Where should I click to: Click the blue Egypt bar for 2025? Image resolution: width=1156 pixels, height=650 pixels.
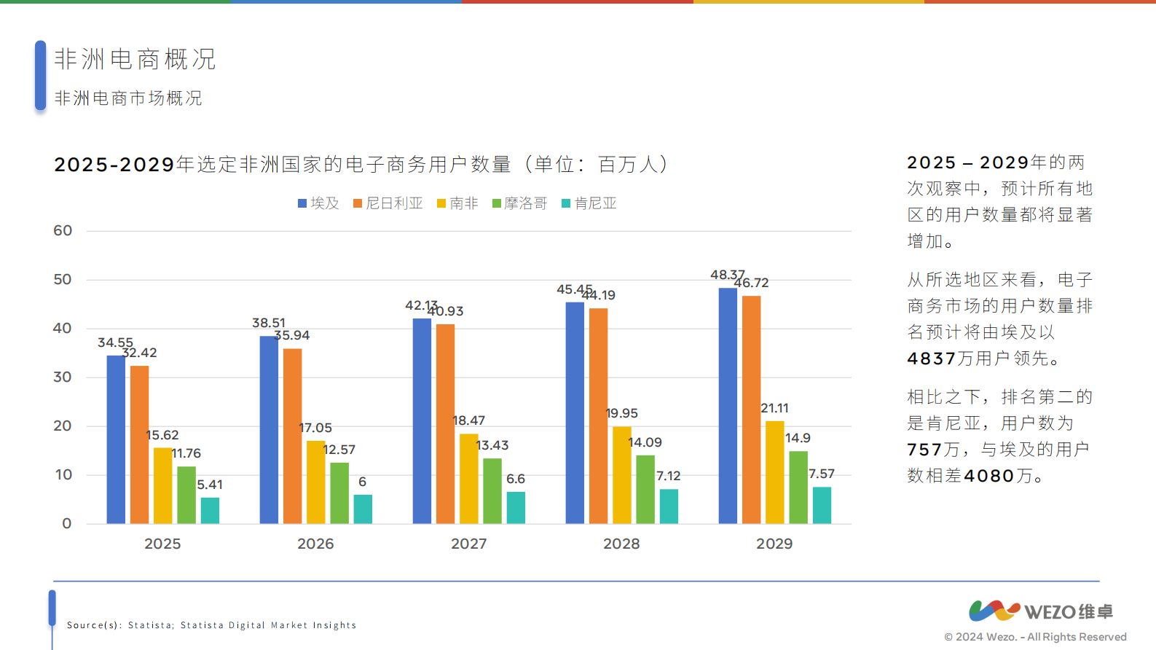pos(116,439)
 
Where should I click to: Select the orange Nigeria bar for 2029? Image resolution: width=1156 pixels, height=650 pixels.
pos(751,410)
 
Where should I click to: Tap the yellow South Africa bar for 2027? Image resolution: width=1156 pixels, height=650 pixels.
pos(468,479)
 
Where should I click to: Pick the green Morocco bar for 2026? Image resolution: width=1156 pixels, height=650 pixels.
pos(339,493)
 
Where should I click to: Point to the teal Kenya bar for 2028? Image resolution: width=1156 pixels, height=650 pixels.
pos(669,506)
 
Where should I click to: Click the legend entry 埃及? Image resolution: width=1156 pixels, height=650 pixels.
pos(318,203)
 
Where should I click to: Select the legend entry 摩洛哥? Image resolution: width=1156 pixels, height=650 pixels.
pos(519,203)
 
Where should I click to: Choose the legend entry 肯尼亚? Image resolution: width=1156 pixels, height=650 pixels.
pos(589,203)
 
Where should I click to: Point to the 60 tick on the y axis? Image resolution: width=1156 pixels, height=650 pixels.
pos(63,231)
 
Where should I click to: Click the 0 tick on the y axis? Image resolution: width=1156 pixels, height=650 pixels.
pos(67,523)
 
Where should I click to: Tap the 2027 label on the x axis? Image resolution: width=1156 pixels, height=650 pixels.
pos(468,544)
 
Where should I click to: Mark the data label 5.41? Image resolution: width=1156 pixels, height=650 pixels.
pos(210,485)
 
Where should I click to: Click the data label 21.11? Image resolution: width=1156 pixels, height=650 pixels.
pos(774,408)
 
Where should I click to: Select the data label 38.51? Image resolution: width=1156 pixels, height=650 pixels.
pos(269,323)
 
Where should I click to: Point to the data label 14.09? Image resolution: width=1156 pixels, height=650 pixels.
pos(645,442)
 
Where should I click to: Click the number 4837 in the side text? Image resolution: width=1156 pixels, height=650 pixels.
pos(931,359)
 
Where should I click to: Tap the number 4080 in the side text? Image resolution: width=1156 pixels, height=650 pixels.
pos(989,476)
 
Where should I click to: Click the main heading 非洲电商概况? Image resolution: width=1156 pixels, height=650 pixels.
pos(135,59)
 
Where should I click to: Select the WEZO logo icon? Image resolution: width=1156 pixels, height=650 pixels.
pos(994,611)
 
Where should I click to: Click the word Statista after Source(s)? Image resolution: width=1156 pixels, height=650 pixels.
pos(150,625)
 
